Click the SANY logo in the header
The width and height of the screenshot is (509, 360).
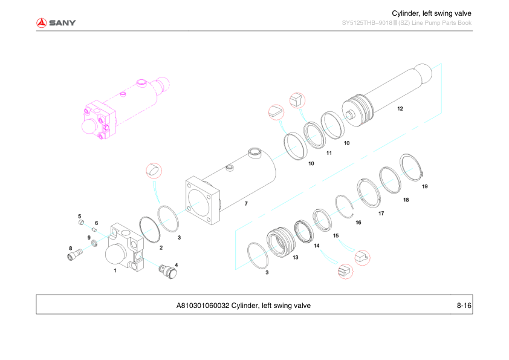(x=56, y=23)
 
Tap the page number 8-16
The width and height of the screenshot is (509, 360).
(x=464, y=306)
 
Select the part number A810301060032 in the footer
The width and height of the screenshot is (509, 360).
(x=203, y=306)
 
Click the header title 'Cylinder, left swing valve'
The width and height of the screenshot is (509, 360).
(x=431, y=13)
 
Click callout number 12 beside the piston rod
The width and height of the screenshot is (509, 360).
(x=400, y=110)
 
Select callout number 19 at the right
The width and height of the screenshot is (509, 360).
(x=424, y=186)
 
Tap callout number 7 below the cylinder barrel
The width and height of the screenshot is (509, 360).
(x=246, y=204)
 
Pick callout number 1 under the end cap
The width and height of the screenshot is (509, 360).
(x=115, y=271)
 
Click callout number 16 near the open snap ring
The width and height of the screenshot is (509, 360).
(x=358, y=223)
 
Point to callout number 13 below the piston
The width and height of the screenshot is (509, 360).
(x=295, y=258)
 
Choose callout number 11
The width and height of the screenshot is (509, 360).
(x=329, y=153)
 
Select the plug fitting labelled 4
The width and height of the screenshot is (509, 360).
(x=166, y=270)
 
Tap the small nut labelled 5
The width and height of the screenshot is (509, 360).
(x=82, y=223)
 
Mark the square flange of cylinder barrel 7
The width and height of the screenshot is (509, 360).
(x=201, y=199)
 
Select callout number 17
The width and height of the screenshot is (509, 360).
(x=381, y=213)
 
